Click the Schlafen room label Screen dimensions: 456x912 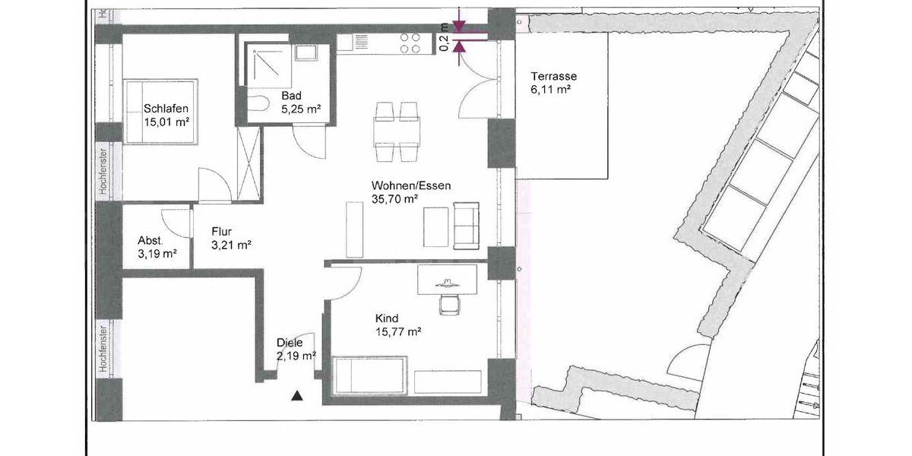click(x=166, y=108)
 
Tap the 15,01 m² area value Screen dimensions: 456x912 click(x=166, y=121)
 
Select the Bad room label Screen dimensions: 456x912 click(x=292, y=96)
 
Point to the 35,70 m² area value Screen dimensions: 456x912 click(x=395, y=199)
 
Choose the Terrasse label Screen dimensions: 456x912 click(x=554, y=76)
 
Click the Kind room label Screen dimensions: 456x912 click(x=387, y=318)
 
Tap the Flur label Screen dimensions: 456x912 click(x=221, y=232)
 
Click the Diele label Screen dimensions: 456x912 click(x=290, y=343)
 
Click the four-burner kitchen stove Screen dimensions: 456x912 click(x=410, y=43)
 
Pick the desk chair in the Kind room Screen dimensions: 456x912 click(x=450, y=302)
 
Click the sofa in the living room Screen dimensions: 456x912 click(x=466, y=225)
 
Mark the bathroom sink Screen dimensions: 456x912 click(x=308, y=52)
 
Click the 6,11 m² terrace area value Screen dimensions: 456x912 click(x=550, y=89)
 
